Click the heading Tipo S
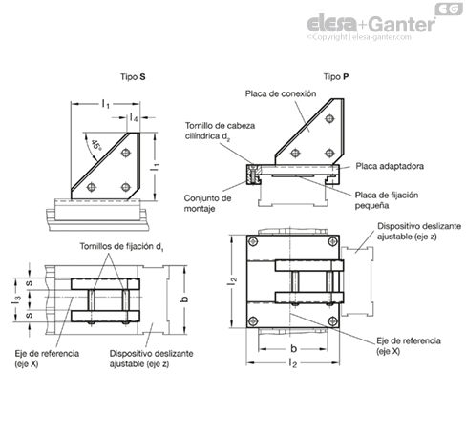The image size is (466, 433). (x=133, y=77)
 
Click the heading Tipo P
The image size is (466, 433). (x=336, y=77)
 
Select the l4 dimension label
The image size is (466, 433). (x=134, y=118)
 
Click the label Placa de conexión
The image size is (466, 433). (x=281, y=93)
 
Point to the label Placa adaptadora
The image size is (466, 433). (x=390, y=166)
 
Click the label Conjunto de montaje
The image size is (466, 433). (x=207, y=203)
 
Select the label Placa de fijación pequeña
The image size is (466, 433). (x=387, y=200)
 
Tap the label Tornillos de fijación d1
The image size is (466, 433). (x=122, y=246)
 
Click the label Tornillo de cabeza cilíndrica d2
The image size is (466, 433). (x=220, y=131)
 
